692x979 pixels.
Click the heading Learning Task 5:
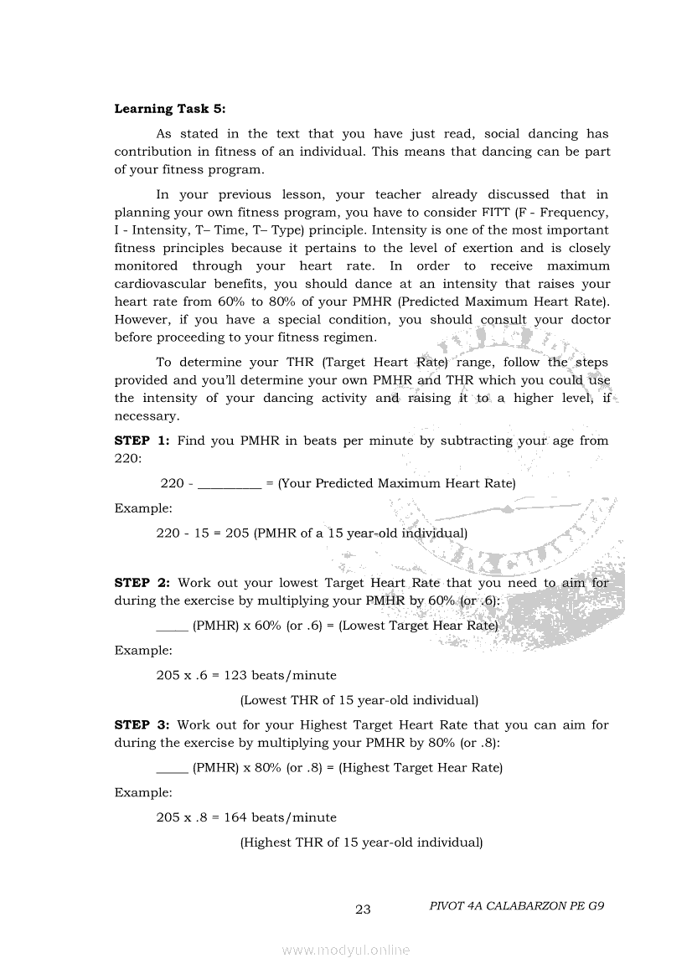[x=170, y=109]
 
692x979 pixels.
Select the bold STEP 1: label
[x=142, y=441]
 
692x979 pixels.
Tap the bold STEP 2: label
[x=142, y=583]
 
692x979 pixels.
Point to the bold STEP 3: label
[x=142, y=725]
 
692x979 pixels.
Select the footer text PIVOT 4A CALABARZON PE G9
[x=516, y=906]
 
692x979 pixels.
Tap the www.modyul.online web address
[x=346, y=950]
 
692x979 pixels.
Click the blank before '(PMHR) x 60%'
[x=172, y=626]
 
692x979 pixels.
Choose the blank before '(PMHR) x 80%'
[x=172, y=768]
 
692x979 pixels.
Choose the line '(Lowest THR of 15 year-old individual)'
[x=359, y=700]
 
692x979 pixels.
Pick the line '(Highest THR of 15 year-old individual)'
[x=361, y=842]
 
